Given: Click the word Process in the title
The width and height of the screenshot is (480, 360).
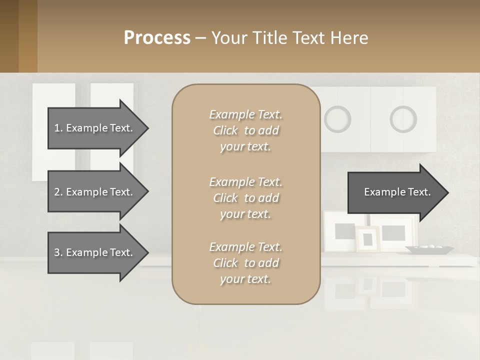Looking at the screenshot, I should click(x=157, y=38).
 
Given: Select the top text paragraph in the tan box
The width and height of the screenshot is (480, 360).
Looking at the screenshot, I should click(x=245, y=130).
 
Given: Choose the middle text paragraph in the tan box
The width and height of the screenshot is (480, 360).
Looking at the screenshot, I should click(x=245, y=198).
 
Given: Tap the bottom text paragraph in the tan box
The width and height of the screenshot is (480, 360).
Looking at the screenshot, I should click(x=245, y=263).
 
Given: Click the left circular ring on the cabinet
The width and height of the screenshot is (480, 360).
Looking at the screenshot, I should click(x=337, y=119).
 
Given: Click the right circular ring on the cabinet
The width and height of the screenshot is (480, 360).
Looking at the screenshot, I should click(x=403, y=119).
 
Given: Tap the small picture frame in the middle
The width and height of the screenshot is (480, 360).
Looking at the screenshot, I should click(x=367, y=239).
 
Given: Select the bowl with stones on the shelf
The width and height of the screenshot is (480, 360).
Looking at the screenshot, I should click(x=429, y=248).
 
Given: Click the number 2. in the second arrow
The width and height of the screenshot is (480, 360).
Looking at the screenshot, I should click(x=58, y=192).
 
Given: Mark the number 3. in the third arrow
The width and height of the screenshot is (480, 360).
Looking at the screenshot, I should click(x=58, y=252).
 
